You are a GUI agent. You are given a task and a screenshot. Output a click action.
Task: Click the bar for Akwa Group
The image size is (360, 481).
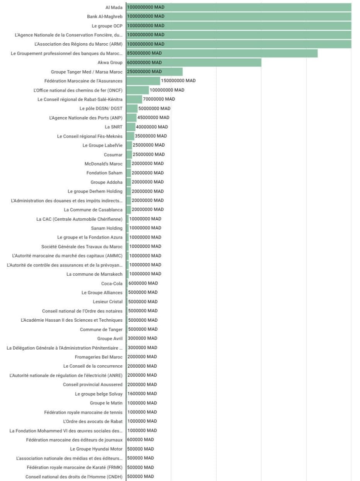tap(193, 63)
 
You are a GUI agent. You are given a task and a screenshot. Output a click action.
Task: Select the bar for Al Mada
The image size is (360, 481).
tap(239, 7)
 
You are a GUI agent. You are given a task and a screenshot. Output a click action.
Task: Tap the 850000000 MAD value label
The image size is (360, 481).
tap(144, 53)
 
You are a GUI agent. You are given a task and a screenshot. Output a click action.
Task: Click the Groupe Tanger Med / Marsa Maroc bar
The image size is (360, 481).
tap(154, 72)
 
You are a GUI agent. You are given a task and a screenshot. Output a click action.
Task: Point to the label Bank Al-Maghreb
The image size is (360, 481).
tap(104, 17)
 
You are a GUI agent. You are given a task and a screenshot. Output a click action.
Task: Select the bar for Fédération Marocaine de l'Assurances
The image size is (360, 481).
tap(143, 81)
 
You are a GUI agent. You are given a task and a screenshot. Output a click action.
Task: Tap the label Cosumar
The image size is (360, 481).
tap(113, 155)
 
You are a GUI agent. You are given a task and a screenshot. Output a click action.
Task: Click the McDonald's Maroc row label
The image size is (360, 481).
tap(103, 164)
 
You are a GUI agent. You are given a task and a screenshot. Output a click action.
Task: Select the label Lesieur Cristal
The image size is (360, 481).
tap(107, 302)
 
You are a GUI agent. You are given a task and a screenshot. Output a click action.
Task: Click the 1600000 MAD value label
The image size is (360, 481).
tap(142, 394)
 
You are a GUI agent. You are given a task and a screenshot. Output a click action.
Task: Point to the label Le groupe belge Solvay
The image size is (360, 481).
tap(99, 394)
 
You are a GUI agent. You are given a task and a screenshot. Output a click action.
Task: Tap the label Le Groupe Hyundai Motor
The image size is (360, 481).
tap(96, 449)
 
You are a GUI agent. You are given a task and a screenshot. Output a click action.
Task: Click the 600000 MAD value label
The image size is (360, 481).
tap(140, 440)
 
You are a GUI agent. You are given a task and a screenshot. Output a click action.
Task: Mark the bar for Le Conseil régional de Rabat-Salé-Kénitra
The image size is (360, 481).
tap(134, 99)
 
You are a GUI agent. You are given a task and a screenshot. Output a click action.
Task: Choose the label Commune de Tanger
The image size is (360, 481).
tap(101, 329)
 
